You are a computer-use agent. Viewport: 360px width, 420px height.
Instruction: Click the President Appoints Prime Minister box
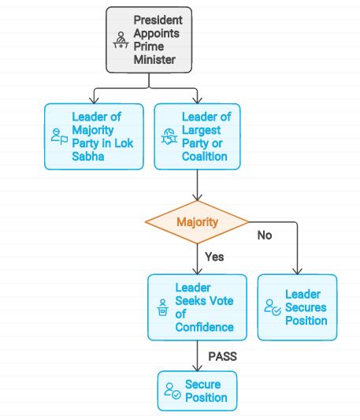149,39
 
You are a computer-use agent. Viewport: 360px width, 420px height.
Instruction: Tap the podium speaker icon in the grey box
121,40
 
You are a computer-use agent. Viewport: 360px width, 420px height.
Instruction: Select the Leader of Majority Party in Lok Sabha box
94,136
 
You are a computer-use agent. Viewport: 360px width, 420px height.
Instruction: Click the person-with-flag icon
59,136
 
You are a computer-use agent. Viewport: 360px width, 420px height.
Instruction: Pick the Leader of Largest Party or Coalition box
198,136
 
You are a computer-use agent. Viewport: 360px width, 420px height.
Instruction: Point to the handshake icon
169,136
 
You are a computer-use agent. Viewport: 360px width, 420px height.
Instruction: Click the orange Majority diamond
198,222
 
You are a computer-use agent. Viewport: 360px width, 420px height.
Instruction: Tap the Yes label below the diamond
214,257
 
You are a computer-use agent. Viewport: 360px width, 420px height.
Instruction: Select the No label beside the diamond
265,235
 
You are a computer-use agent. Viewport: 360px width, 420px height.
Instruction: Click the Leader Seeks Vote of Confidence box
198,307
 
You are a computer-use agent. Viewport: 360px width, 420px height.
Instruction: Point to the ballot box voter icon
162,307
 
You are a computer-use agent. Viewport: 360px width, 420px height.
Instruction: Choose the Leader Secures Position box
297,307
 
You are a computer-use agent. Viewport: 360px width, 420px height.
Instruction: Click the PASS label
223,356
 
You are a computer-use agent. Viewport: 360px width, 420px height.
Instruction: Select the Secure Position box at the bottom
198,391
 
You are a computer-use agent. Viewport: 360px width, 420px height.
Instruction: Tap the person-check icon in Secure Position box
173,391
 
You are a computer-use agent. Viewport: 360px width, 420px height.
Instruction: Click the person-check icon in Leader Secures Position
273,307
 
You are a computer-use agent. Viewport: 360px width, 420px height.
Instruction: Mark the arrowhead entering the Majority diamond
198,199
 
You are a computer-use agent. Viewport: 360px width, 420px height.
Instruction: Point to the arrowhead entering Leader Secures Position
297,271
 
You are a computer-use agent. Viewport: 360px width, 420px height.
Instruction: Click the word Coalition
205,157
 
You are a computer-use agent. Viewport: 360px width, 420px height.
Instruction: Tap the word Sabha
88,157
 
